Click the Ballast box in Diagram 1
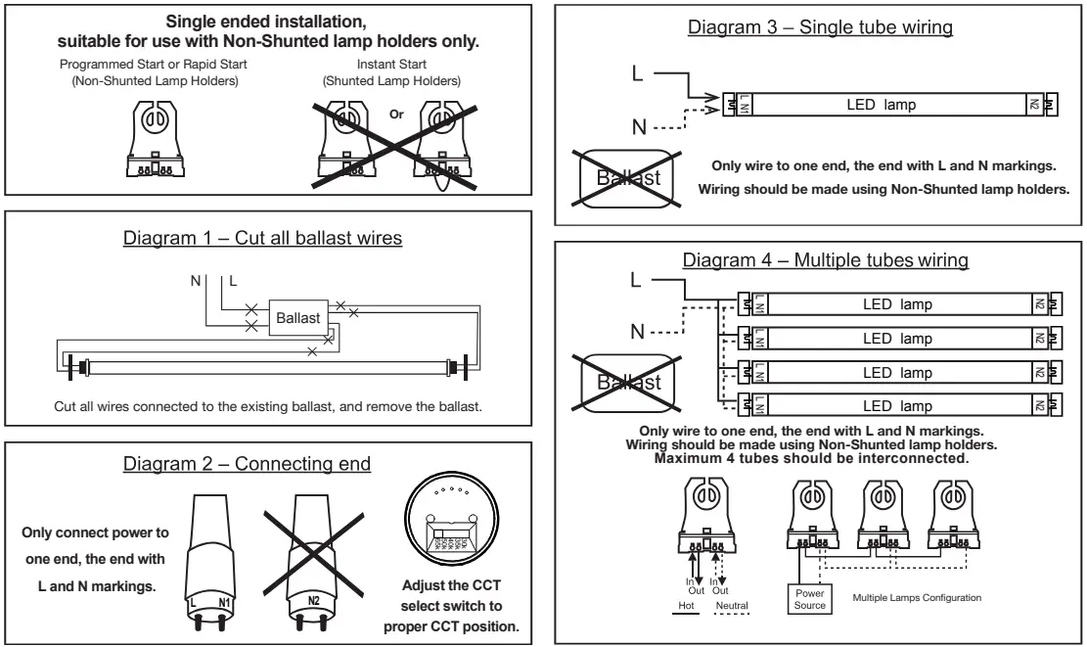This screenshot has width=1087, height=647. pos(296,319)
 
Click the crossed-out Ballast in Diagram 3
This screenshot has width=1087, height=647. pos(623,177)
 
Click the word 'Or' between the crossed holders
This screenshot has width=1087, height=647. pos(396,115)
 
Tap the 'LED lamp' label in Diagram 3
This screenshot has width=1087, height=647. pos(881,105)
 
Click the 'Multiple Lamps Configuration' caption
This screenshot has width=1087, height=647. pos(917,597)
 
